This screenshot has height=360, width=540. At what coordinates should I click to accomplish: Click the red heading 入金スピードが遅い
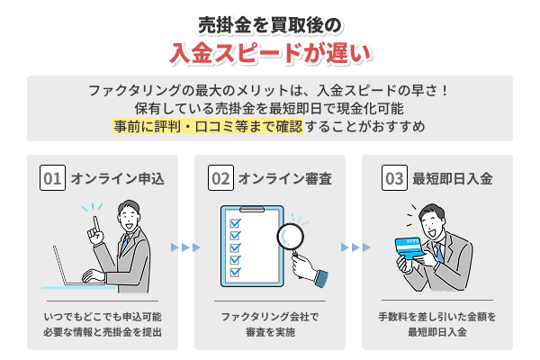pos(270,52)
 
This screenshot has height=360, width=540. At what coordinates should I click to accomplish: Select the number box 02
pos(220,178)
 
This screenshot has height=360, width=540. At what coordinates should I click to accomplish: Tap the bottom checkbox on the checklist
pos(235,274)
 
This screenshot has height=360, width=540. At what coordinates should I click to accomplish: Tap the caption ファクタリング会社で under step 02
pos(270,317)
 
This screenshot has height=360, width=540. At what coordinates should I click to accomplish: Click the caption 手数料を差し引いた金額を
pos(437,317)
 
